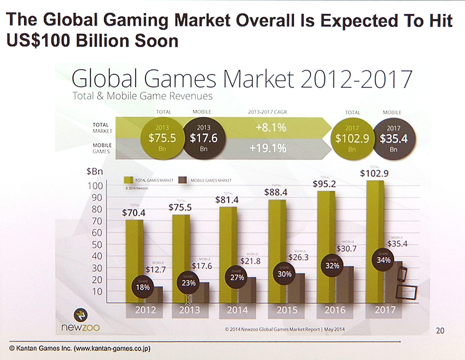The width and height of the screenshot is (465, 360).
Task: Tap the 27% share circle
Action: [237, 277]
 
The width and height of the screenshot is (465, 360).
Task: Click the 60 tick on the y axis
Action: [97, 233]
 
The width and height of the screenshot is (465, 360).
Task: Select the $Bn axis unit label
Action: [95, 172]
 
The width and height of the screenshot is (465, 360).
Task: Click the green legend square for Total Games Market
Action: [128, 180]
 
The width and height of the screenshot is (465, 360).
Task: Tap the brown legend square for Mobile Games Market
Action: [183, 180]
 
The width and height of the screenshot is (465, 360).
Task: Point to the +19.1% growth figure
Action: [268, 148]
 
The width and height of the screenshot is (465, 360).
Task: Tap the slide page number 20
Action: [440, 331]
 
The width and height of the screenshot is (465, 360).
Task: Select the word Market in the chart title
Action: [259, 80]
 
